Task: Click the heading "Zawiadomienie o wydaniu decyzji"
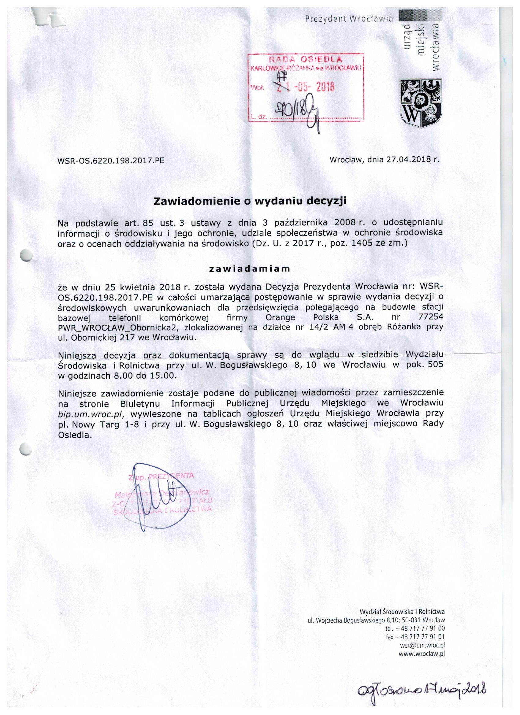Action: tap(250, 202)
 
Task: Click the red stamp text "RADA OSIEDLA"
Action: tap(305, 60)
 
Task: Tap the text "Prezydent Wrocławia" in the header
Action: tap(349, 19)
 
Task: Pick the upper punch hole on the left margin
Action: tap(26, 254)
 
